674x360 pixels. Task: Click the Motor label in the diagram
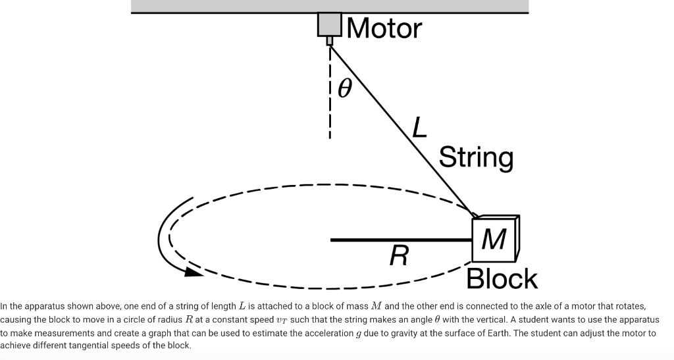(x=384, y=28)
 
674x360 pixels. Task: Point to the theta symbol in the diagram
(x=344, y=87)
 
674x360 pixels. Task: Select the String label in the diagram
(x=476, y=158)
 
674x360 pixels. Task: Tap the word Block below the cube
(x=502, y=279)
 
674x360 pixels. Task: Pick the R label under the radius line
(x=399, y=254)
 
